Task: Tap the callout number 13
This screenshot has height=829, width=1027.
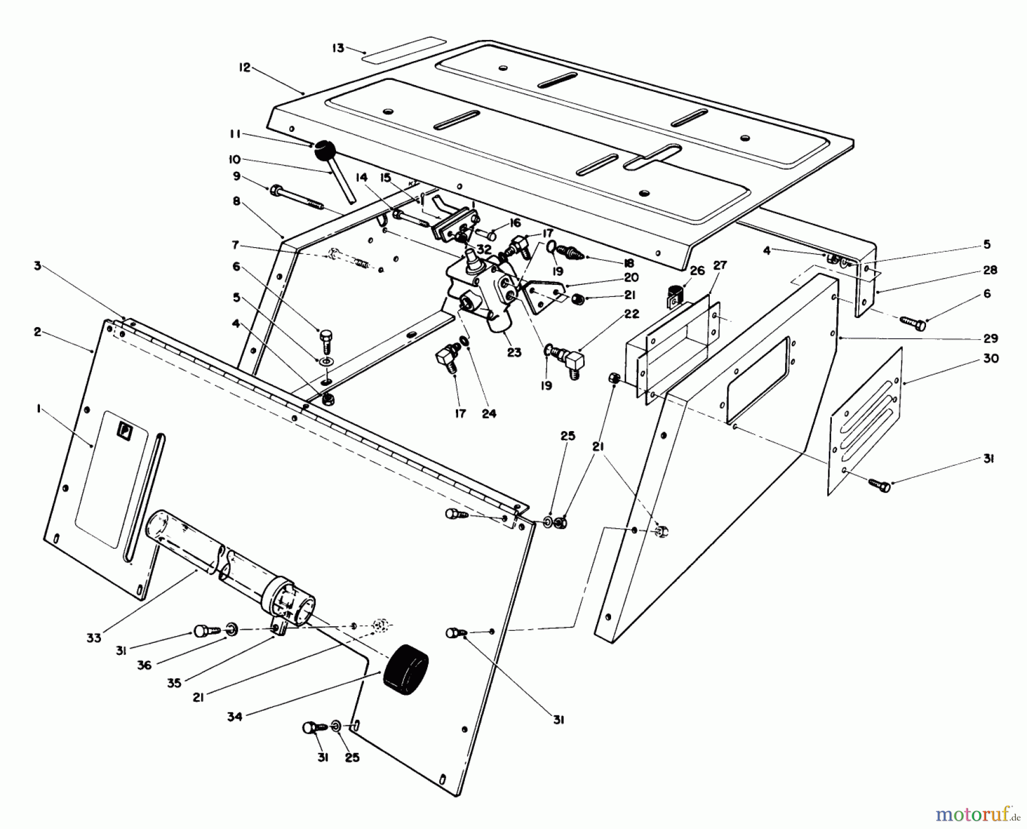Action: [x=338, y=48]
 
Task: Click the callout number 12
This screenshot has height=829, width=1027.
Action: [x=244, y=67]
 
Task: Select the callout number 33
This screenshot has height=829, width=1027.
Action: [x=94, y=637]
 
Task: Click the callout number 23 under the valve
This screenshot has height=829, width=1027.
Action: [x=514, y=352]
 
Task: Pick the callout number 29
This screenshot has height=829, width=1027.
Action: [x=990, y=338]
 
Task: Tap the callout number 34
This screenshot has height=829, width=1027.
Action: [x=234, y=716]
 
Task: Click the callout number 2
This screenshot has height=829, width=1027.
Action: [x=37, y=332]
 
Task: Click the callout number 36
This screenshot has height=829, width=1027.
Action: [x=144, y=665]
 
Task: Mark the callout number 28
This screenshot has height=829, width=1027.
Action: [x=990, y=269]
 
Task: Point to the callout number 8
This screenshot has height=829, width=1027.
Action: [x=236, y=201]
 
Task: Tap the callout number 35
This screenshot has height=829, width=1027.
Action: [x=174, y=682]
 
